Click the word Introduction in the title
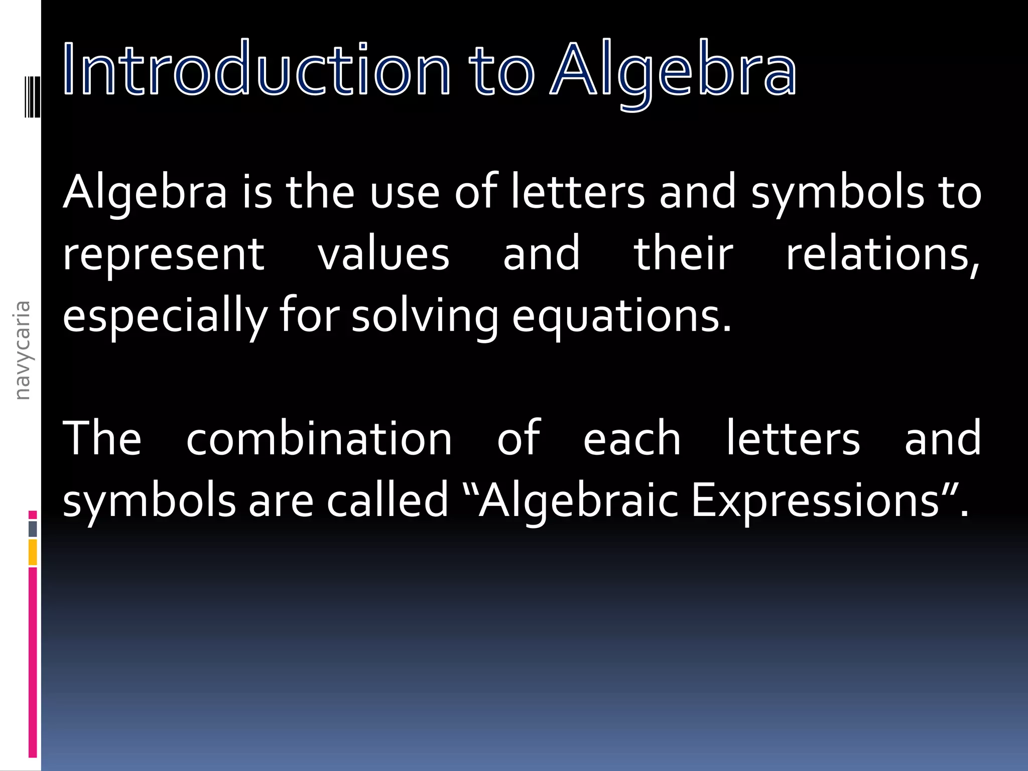pyautogui.click(x=256, y=69)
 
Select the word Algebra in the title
pyautogui.click(x=673, y=70)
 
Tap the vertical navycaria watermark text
pyautogui.click(x=22, y=350)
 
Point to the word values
pyautogui.click(x=383, y=254)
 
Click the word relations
pyautogui.click(x=881, y=254)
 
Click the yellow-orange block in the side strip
pyautogui.click(x=33, y=552)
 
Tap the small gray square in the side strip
pyautogui.click(x=33, y=529)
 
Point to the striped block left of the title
pyautogui.click(x=33, y=96)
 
